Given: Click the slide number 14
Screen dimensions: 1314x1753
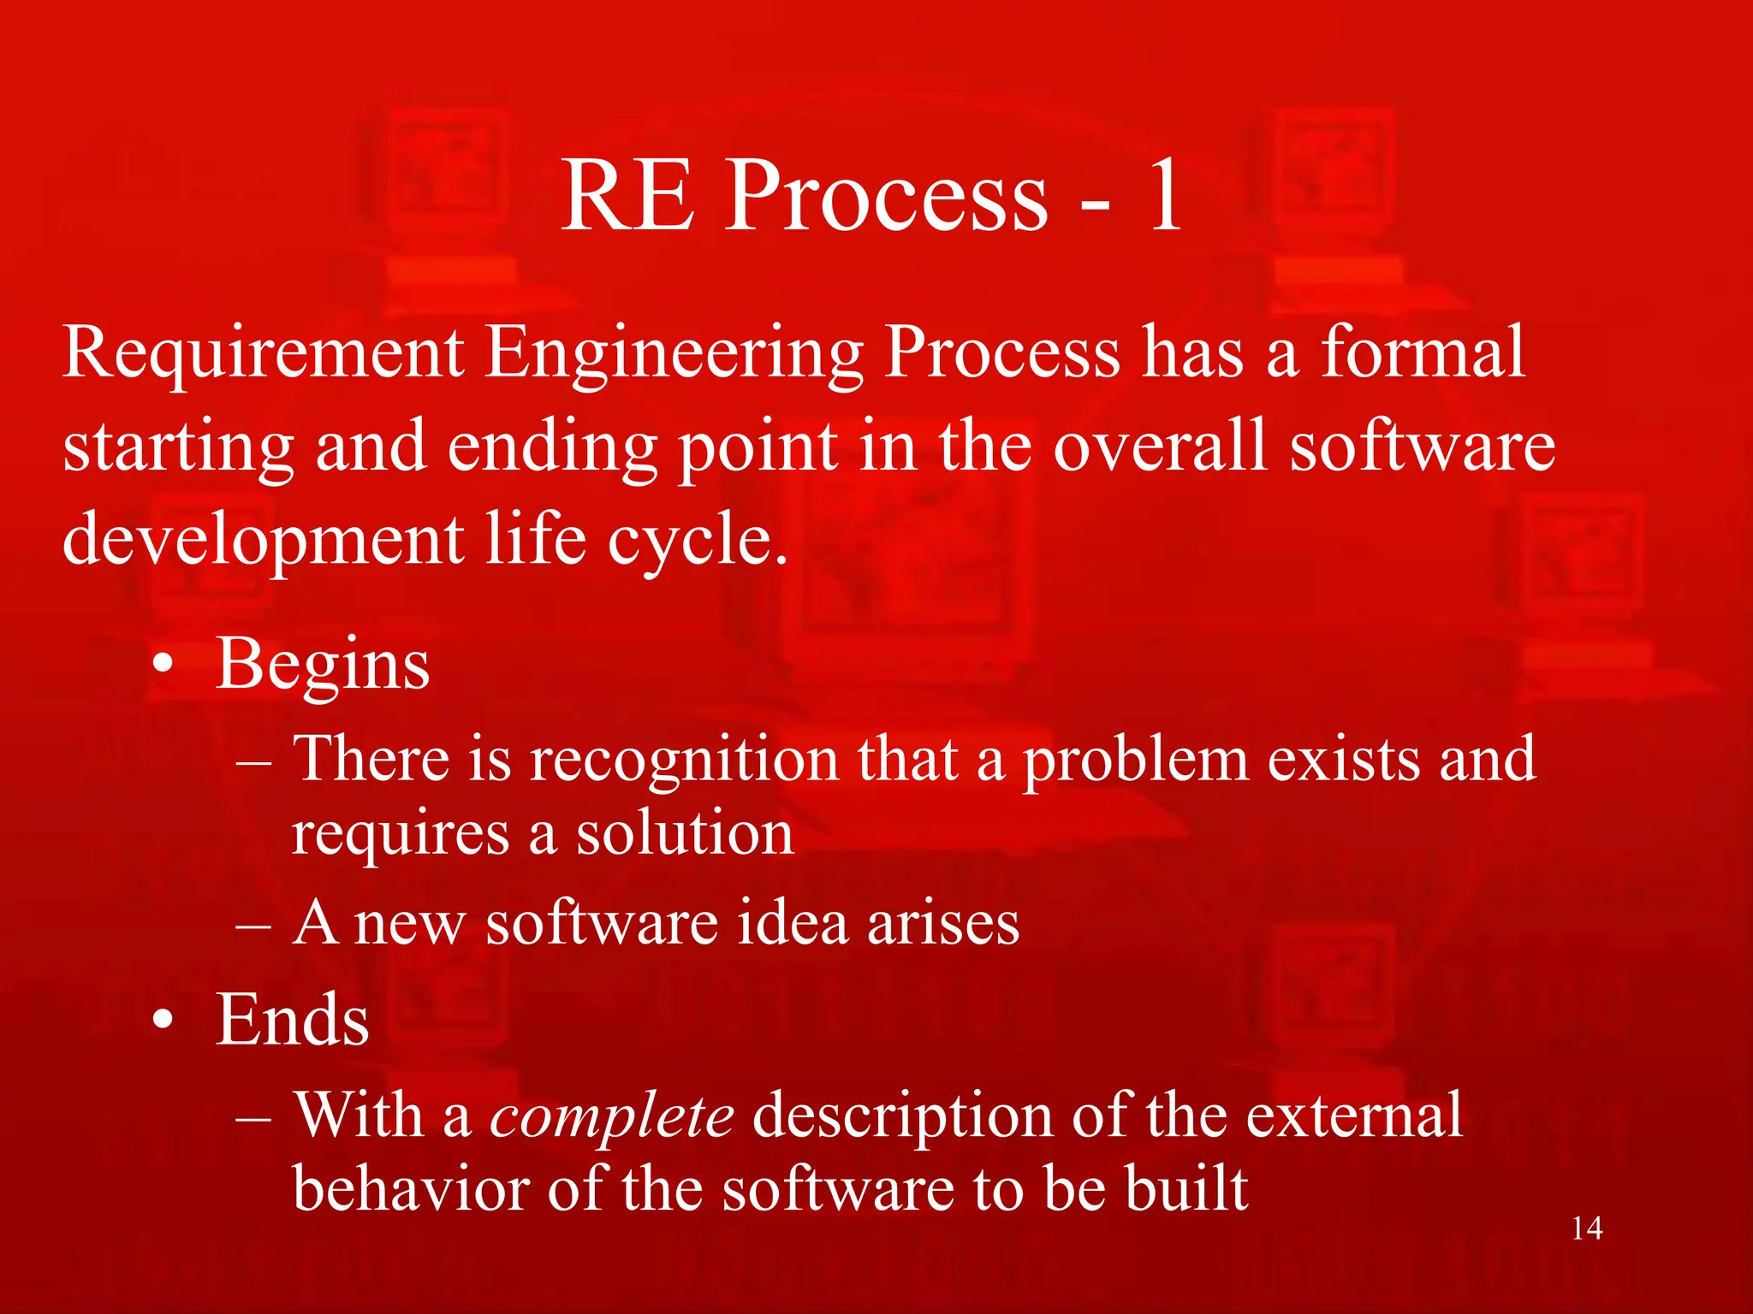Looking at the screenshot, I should (1587, 1228).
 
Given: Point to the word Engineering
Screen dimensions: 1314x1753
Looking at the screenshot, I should (674, 355).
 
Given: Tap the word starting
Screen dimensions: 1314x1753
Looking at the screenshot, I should (179, 449).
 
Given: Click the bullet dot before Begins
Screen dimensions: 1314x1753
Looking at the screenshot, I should (163, 666).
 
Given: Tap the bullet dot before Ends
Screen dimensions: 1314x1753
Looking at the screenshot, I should (163, 1021).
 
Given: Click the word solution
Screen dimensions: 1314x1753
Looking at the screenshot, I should (684, 833).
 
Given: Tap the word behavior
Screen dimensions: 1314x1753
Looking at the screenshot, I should (409, 1189).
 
